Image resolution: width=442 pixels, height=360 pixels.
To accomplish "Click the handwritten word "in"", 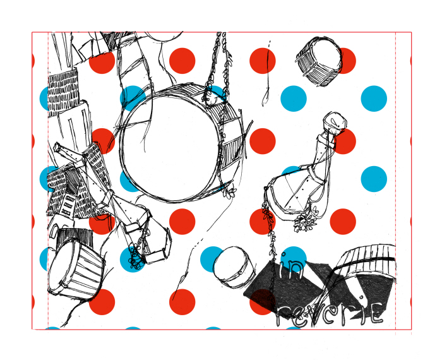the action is click(x=290, y=267).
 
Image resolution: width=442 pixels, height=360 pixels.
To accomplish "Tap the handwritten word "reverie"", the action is click(x=329, y=314).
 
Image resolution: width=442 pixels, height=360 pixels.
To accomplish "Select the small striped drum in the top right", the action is click(x=319, y=61).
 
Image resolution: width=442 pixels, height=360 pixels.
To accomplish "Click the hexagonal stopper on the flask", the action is click(x=335, y=121).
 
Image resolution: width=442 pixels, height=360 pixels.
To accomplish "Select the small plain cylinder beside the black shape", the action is click(x=234, y=267).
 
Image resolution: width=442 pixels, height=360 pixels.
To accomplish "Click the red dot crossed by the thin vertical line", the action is click(x=263, y=61).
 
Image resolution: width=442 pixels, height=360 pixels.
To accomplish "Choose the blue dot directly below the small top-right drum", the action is click(x=294, y=99).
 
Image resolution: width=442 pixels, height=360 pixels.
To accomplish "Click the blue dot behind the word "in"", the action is click(x=294, y=260).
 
